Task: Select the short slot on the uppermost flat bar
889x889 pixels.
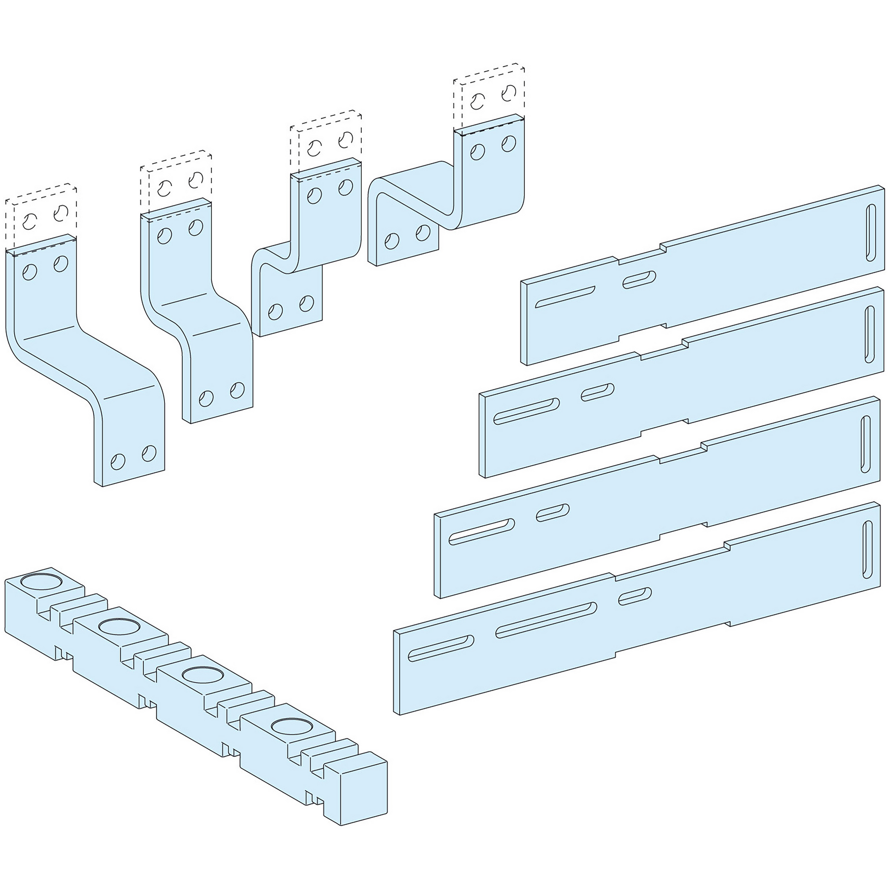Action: click(639, 280)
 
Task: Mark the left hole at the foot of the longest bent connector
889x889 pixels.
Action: click(118, 460)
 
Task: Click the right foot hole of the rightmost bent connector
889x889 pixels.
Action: click(423, 233)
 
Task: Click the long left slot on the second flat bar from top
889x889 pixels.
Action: click(526, 411)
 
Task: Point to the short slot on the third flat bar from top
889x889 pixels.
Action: click(553, 513)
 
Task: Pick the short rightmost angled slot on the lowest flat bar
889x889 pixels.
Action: click(635, 595)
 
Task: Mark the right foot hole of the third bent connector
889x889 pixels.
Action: click(306, 303)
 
